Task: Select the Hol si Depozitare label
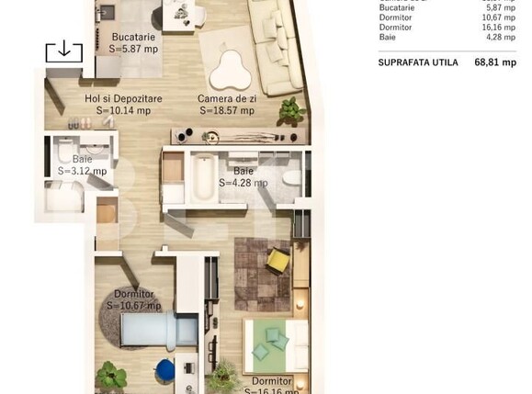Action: pyautogui.click(x=123, y=98)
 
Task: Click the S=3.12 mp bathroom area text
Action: pyautogui.click(x=82, y=170)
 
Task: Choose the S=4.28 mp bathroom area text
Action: pyautogui.click(x=243, y=183)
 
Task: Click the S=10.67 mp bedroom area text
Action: pyautogui.click(x=133, y=306)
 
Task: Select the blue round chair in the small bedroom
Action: pyautogui.click(x=165, y=369)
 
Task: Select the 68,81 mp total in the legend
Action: pyautogui.click(x=494, y=63)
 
